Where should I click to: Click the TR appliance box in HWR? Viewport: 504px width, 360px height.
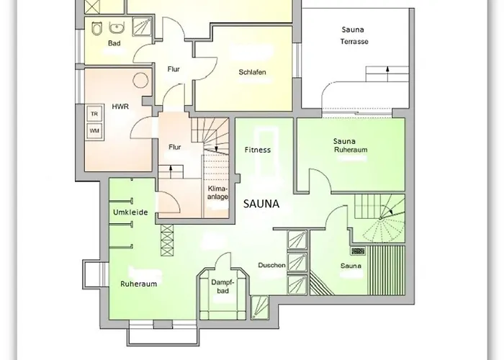[94, 114]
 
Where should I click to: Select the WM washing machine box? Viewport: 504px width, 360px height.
[94, 131]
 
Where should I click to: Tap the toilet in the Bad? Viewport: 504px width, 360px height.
[96, 28]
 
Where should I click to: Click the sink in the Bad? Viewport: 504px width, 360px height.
[115, 28]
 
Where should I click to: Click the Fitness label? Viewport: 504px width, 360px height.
[256, 150]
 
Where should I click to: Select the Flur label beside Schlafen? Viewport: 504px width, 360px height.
[173, 70]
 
